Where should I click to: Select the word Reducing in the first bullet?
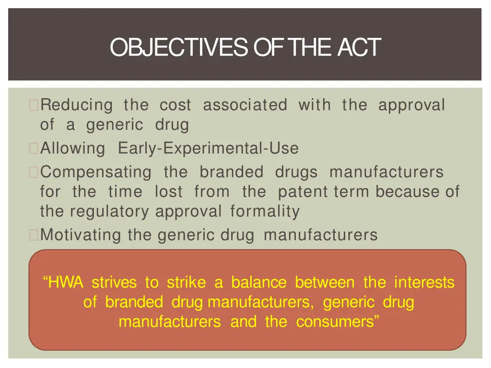(x=77, y=105)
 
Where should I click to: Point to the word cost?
(x=175, y=105)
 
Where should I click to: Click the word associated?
(x=245, y=105)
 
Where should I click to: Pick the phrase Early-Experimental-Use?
(x=208, y=149)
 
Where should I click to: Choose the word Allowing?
(x=72, y=149)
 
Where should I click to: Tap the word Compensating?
(x=96, y=172)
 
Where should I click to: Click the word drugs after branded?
(x=296, y=172)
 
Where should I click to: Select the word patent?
(x=302, y=192)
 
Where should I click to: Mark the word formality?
(x=265, y=211)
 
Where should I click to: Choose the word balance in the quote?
(x=259, y=283)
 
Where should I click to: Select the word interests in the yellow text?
(x=424, y=283)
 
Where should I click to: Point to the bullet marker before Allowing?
(x=34, y=149)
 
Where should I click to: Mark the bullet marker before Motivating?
(x=34, y=235)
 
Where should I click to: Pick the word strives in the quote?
(x=114, y=283)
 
